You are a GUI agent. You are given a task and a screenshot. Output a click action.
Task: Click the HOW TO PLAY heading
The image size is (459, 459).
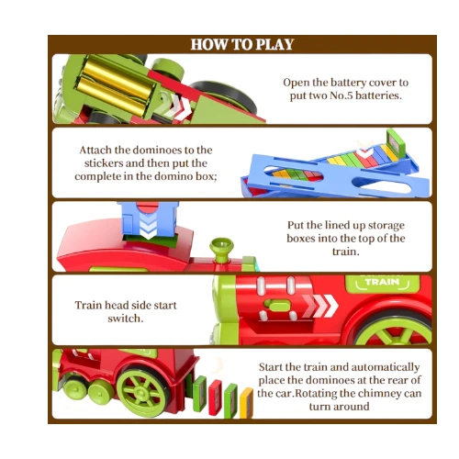point(242,44)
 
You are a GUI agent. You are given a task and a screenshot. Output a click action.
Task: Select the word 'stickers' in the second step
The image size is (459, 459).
point(104,163)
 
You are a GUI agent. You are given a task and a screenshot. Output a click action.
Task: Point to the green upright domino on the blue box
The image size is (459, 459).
point(396,141)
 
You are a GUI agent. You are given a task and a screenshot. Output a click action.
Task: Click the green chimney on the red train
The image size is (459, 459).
point(221,250)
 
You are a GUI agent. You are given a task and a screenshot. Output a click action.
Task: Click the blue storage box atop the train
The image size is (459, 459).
point(148,219)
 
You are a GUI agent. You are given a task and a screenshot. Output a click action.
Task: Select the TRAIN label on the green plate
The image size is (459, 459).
point(382,282)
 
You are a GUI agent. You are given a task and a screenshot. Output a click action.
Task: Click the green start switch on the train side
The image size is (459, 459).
point(277,306)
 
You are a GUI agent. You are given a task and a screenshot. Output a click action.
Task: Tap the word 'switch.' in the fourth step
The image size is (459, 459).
point(126,319)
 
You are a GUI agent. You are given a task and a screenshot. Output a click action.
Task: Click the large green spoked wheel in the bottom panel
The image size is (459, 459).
point(142,392)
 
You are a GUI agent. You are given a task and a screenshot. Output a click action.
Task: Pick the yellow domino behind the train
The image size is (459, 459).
point(246,403)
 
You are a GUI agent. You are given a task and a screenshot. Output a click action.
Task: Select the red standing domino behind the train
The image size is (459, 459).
point(215,397)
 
